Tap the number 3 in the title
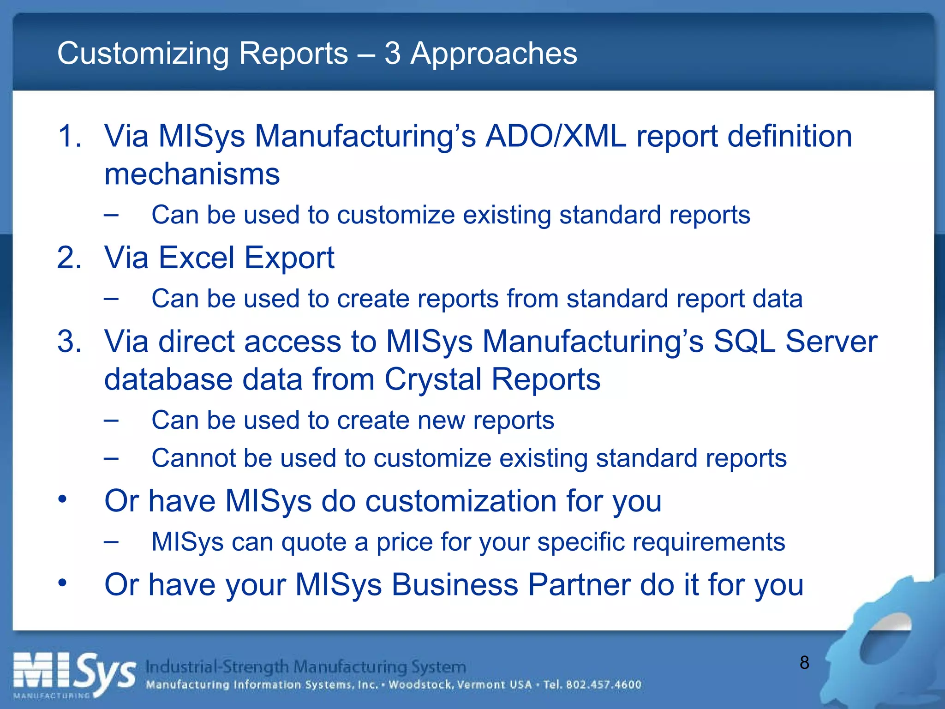[392, 54]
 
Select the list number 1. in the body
[70, 137]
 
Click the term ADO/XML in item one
[556, 137]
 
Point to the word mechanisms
[192, 174]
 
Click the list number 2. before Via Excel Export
[70, 258]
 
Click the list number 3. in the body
[70, 342]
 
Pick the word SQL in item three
[744, 342]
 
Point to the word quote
[313, 542]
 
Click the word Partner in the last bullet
[579, 585]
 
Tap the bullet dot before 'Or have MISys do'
[63, 499]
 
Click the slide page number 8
[804, 663]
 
